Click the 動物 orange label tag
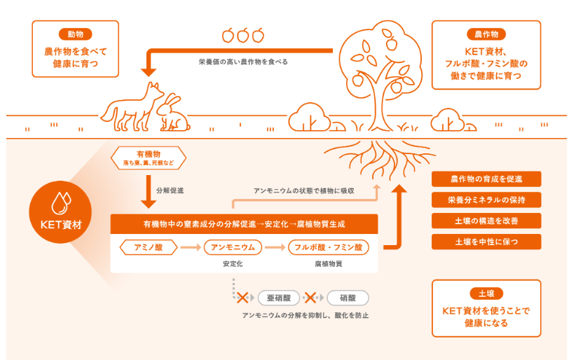click(75, 34)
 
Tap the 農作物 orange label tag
click(486, 34)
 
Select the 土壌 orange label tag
click(486, 293)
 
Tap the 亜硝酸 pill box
click(278, 297)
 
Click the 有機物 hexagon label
click(148, 158)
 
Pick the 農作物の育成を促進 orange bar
click(486, 179)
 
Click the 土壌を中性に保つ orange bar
click(486, 242)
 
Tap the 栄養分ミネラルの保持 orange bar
click(486, 200)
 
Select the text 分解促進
click(170, 190)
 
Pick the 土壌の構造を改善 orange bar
click(486, 221)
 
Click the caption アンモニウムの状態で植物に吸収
click(303, 191)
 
